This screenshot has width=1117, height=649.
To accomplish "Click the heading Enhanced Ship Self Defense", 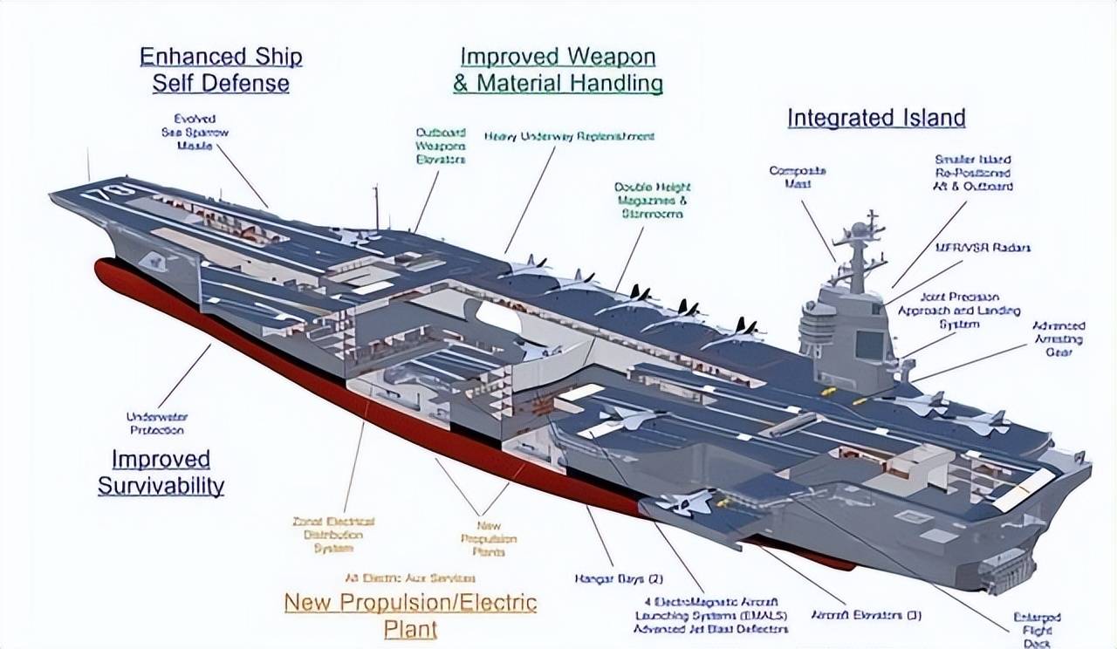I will [x=221, y=70].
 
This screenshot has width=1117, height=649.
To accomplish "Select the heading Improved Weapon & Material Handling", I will [x=558, y=70].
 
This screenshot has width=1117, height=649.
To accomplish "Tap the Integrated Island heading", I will [x=876, y=118].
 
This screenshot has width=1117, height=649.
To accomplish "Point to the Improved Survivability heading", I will [x=161, y=472].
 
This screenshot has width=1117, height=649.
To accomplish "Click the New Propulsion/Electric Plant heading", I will [x=410, y=615].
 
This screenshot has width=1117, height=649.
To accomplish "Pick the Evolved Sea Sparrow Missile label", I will [x=195, y=132].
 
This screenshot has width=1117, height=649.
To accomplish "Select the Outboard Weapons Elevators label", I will [x=440, y=147].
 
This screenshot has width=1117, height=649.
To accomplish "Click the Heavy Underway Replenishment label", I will [x=569, y=137].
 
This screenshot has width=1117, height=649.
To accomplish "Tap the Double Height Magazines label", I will [x=650, y=200].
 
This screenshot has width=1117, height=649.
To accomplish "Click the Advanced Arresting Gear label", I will [x=1058, y=339].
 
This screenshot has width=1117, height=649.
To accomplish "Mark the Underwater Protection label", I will [x=157, y=423].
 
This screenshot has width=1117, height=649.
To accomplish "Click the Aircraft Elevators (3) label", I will [x=866, y=615].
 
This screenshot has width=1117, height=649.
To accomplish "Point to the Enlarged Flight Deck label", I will [x=1038, y=631].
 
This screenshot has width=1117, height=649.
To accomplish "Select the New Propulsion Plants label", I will [x=489, y=539].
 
